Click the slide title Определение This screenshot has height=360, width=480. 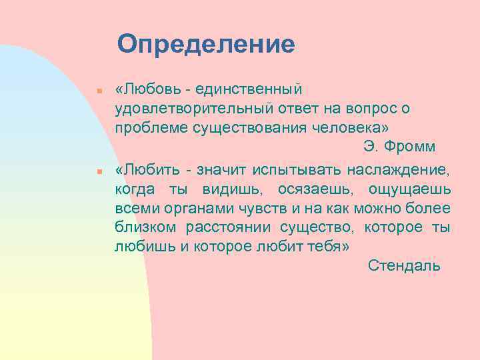205,45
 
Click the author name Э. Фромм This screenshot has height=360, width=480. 399,146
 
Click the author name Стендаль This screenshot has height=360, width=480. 404,266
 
